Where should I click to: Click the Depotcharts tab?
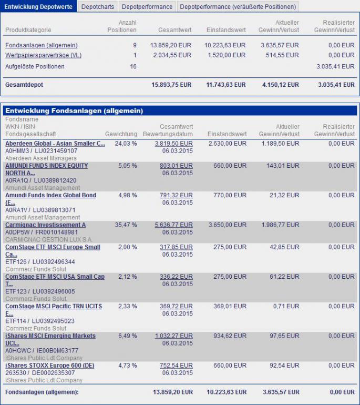[97, 6]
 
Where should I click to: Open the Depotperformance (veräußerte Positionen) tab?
[238, 6]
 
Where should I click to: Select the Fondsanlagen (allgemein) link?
[41, 46]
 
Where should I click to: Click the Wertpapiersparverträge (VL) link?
[43, 55]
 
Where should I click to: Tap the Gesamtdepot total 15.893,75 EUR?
[171, 85]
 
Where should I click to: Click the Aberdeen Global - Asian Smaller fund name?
[55, 144]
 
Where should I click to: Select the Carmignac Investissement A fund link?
[45, 225]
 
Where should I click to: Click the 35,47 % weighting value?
[126, 225]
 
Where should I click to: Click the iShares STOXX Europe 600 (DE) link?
[49, 366]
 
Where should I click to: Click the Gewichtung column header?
[121, 134]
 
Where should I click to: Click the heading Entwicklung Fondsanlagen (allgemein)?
[74, 111]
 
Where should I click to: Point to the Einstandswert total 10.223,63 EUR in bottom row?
[227, 392]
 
